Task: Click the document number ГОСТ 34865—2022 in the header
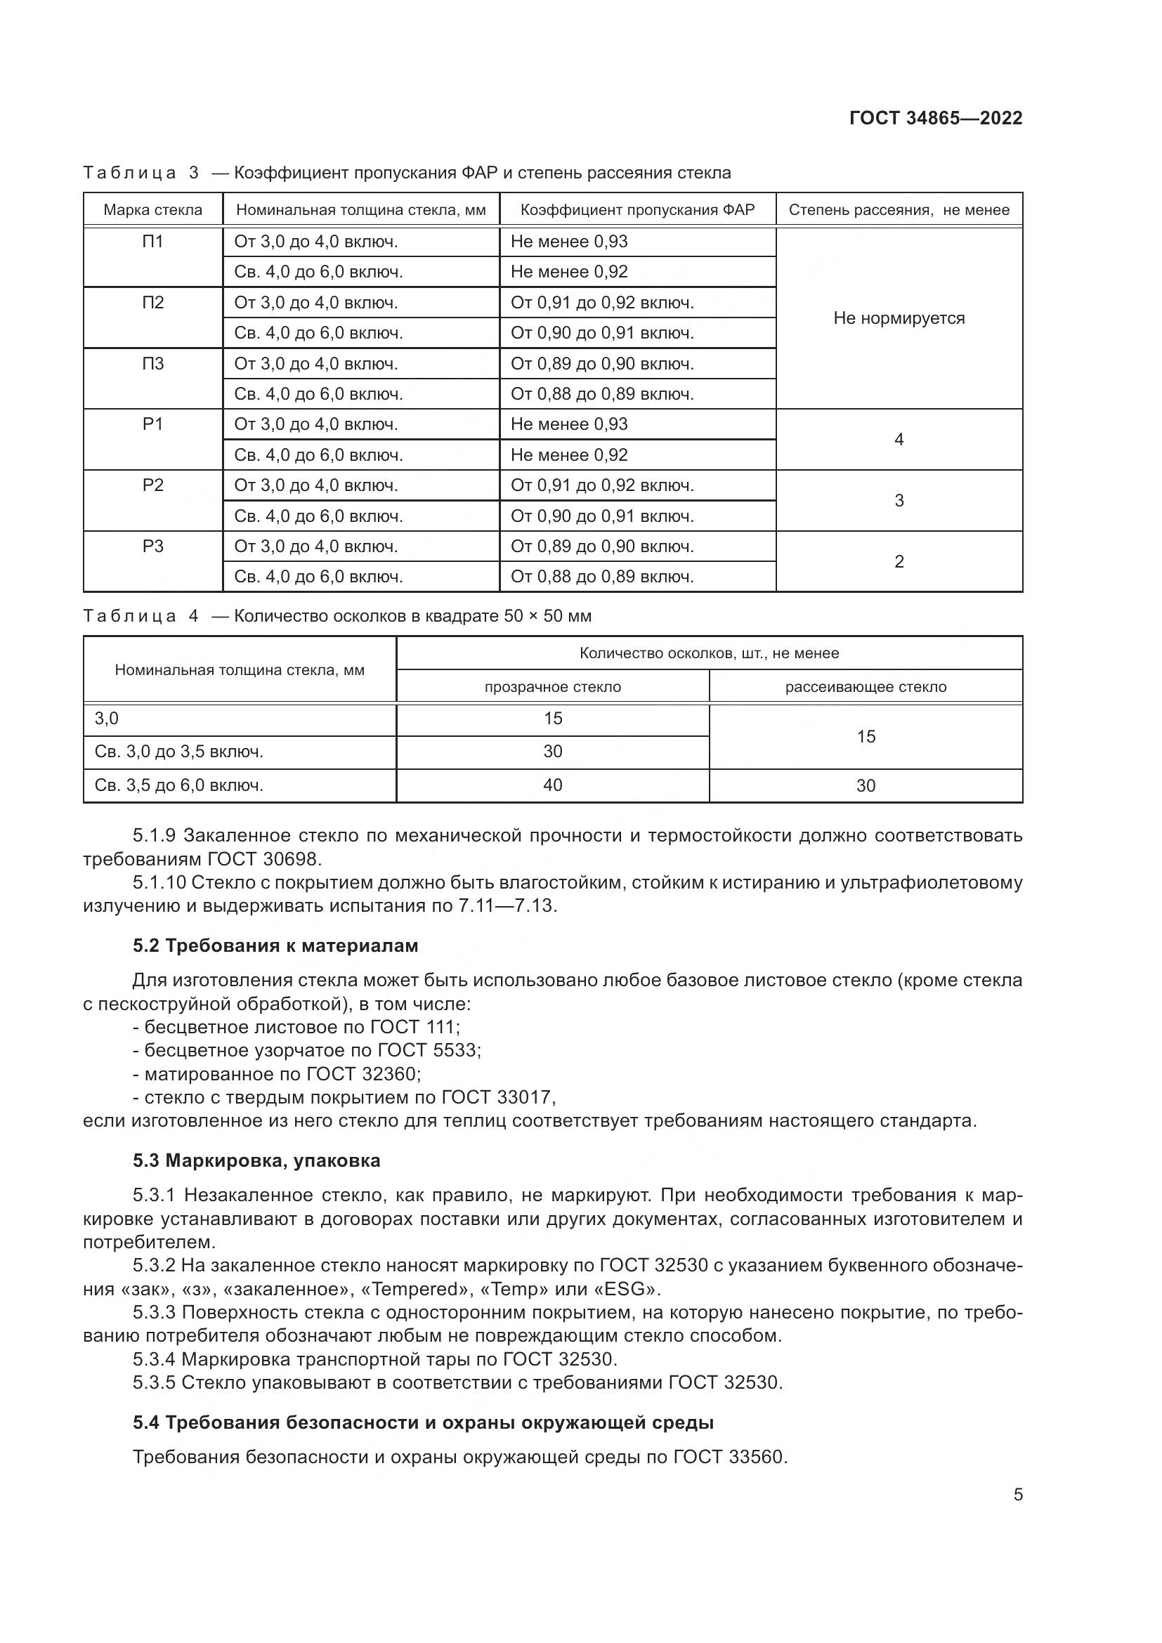tap(935, 118)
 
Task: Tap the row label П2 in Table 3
tap(152, 303)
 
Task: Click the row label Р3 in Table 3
tap(152, 546)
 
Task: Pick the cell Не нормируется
tap(899, 318)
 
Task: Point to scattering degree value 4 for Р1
tap(899, 439)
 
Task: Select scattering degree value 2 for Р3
tap(899, 562)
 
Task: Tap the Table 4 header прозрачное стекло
tap(552, 687)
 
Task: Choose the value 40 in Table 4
tap(552, 786)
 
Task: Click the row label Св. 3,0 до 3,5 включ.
tap(179, 752)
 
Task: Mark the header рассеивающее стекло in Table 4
tap(865, 687)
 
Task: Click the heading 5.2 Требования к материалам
tap(275, 946)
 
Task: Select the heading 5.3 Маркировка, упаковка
tap(256, 1160)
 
